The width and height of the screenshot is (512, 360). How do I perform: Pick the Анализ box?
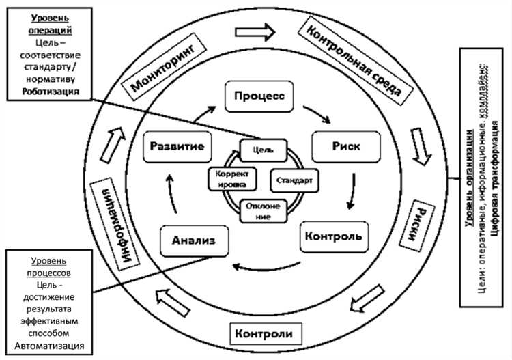[194, 240]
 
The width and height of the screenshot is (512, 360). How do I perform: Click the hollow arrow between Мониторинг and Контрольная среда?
[254, 31]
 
